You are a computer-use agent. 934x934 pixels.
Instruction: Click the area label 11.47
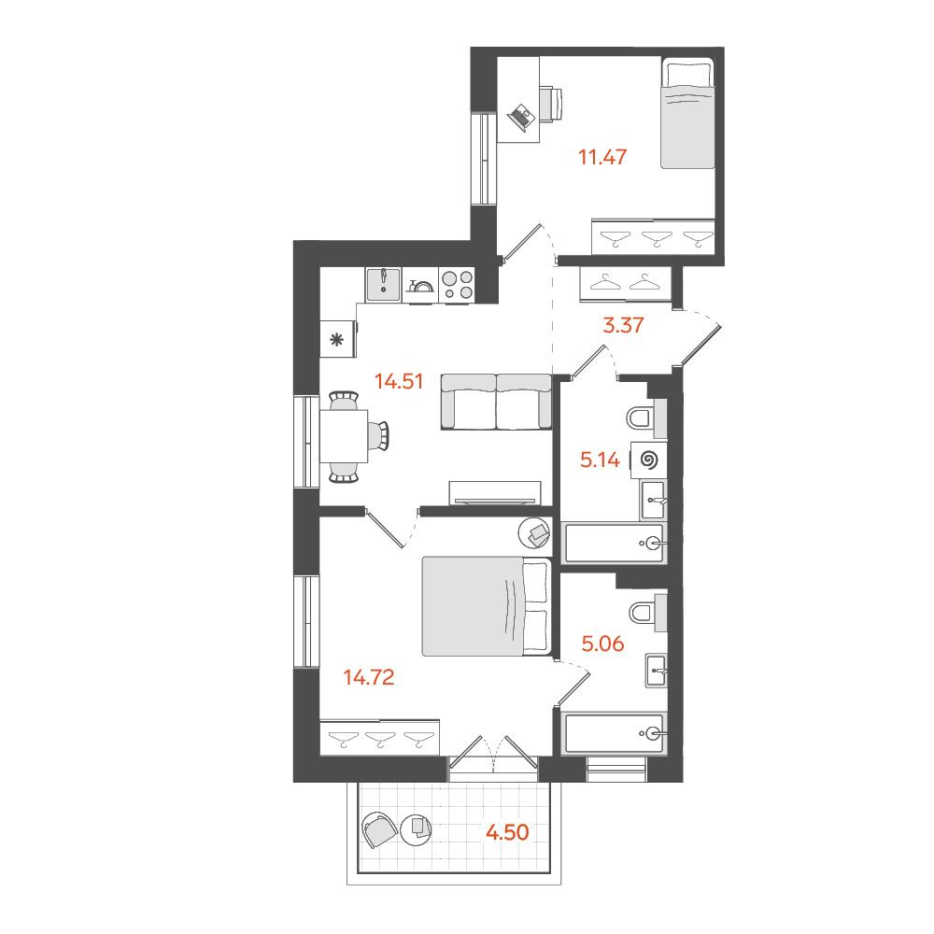click(602, 157)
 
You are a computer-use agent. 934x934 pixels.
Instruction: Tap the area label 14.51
click(399, 381)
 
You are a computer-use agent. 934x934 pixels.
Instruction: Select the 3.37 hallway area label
click(623, 325)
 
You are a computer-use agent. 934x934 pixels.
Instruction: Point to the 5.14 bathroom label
click(600, 460)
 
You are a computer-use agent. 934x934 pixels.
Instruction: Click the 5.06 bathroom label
click(602, 644)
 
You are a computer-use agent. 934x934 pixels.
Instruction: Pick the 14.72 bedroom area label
click(369, 677)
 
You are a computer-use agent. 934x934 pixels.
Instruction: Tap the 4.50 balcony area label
click(507, 832)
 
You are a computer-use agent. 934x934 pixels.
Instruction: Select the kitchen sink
click(384, 284)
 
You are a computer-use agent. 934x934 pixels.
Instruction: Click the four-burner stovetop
click(458, 284)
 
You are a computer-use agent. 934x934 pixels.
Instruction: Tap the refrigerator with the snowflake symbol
click(338, 340)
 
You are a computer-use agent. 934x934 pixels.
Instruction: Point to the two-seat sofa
click(496, 402)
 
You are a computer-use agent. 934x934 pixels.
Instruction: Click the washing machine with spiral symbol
click(649, 460)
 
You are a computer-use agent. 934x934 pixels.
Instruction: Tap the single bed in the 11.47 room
click(687, 113)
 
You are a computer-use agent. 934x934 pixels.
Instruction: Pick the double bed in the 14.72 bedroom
click(486, 606)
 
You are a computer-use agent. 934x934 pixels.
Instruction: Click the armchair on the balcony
click(380, 829)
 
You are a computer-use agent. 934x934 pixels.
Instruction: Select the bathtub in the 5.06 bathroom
click(615, 733)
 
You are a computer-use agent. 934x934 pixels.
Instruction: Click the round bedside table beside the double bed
click(535, 532)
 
